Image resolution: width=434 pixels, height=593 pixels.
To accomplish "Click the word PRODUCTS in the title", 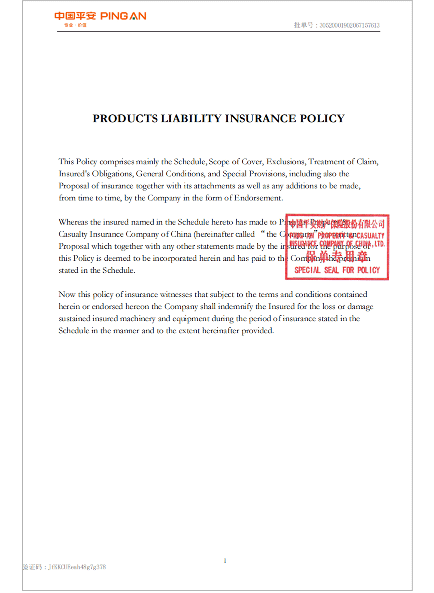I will (x=125, y=119).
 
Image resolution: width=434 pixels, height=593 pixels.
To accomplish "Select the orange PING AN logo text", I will (x=123, y=16).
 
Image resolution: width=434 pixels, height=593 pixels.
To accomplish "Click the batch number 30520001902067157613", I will (x=349, y=25).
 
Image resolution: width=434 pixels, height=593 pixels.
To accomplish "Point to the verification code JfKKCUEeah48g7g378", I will (x=77, y=567).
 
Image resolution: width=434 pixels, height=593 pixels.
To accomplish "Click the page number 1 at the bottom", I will (x=225, y=561).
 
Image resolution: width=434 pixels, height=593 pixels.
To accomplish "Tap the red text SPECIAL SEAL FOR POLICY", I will (x=337, y=270).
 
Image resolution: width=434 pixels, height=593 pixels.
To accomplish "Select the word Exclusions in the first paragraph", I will (x=285, y=162).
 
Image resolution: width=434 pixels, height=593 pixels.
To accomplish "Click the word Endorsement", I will (x=258, y=198).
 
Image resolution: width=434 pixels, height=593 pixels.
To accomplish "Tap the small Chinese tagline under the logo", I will (x=75, y=25).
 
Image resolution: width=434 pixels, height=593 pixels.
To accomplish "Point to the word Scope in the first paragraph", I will (x=219, y=162).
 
